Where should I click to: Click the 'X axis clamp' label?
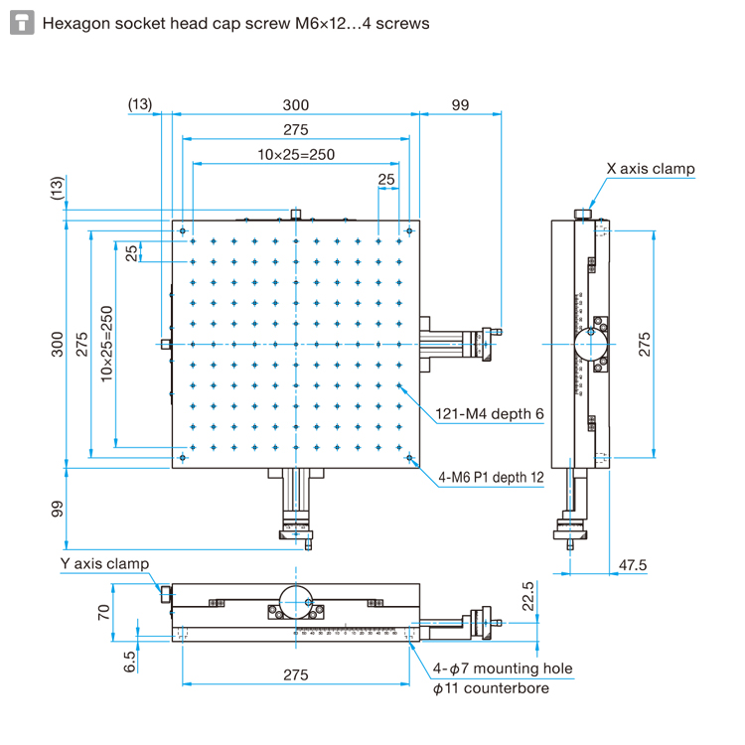pyautogui.click(x=651, y=169)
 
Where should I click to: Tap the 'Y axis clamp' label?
pyautogui.click(x=104, y=564)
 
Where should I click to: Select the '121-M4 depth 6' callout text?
pyautogui.click(x=490, y=414)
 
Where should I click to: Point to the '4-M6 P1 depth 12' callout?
pyautogui.click(x=492, y=477)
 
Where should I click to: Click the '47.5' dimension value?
pyautogui.click(x=633, y=565)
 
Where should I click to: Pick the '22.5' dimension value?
pyautogui.click(x=527, y=596)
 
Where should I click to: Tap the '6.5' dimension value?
pyautogui.click(x=129, y=662)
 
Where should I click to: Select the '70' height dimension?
pyautogui.click(x=103, y=611)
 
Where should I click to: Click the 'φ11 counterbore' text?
pyautogui.click(x=491, y=687)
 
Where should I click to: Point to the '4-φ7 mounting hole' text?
pyautogui.click(x=503, y=668)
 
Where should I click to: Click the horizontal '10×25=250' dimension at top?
pyautogui.click(x=296, y=154)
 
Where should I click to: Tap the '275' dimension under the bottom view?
pyautogui.click(x=295, y=674)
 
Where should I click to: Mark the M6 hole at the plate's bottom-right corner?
pyautogui.click(x=409, y=458)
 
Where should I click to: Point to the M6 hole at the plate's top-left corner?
pyautogui.click(x=184, y=231)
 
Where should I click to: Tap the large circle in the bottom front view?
pyautogui.click(x=296, y=599)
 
